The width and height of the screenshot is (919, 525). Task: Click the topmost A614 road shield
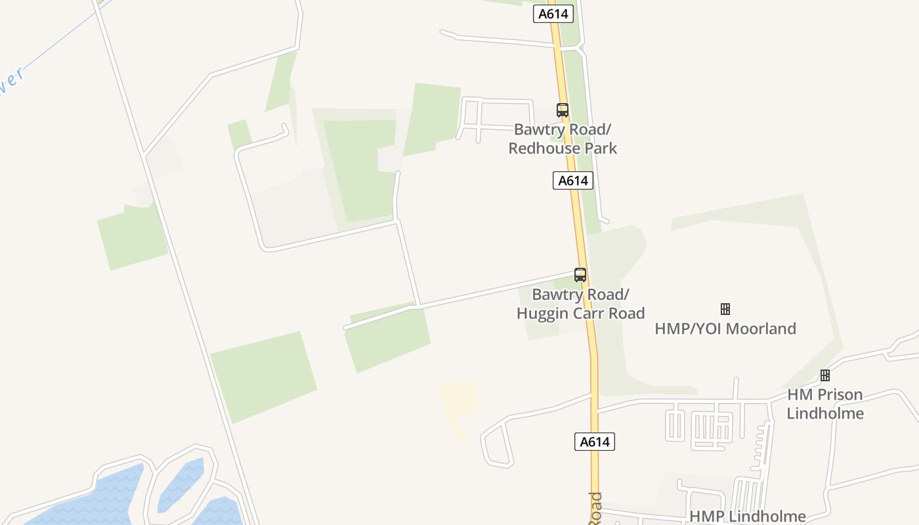(553, 14)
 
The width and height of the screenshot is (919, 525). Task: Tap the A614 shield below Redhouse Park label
(573, 180)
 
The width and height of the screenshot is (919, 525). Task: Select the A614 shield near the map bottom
(595, 442)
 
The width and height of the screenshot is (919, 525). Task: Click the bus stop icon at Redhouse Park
(563, 110)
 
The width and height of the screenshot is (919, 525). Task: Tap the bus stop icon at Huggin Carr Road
(580, 275)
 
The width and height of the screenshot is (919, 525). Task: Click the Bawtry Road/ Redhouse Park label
(563, 138)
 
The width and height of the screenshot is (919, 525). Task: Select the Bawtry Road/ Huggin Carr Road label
(580, 304)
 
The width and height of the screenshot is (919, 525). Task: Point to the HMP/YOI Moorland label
(725, 328)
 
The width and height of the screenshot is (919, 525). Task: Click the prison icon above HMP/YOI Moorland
(725, 308)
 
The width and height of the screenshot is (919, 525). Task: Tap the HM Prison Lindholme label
(825, 404)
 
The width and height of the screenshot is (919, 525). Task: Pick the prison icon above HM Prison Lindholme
(825, 375)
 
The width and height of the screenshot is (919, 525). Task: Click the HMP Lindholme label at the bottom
(747, 516)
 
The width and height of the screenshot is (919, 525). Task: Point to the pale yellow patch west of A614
(459, 400)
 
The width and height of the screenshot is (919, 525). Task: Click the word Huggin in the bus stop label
(540, 313)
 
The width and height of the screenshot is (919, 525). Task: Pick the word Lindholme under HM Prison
(825, 413)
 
